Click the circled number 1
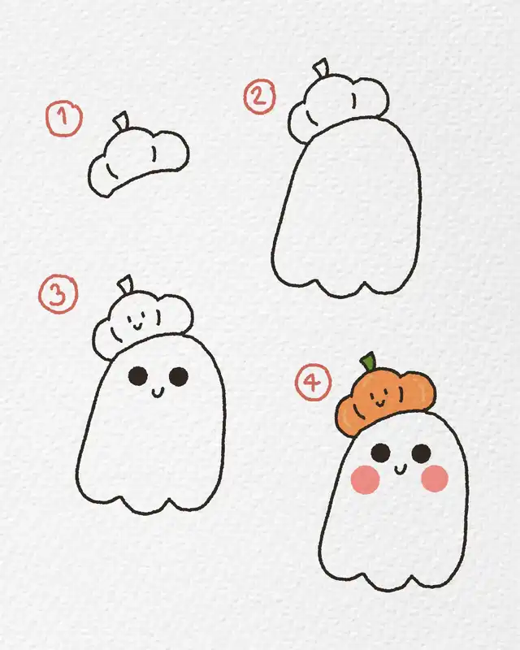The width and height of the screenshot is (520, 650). click(64, 118)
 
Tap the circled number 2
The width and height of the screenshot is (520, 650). click(259, 97)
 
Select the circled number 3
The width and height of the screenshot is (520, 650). click(58, 294)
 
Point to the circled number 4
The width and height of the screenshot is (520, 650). click(313, 382)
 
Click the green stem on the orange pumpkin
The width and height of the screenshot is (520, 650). click(368, 362)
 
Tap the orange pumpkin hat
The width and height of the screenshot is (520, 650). click(386, 403)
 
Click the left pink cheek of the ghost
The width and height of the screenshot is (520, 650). click(366, 479)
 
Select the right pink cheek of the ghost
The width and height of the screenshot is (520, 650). click(435, 479)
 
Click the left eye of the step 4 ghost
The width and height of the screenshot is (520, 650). click(381, 453)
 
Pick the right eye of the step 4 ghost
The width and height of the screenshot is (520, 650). click(422, 453)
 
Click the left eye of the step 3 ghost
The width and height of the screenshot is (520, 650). click(138, 376)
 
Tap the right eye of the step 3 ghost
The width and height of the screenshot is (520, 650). click(179, 376)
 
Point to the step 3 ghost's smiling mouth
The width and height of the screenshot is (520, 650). click(158, 392)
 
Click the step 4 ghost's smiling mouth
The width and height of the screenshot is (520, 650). click(401, 470)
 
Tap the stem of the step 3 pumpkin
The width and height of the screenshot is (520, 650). click(126, 284)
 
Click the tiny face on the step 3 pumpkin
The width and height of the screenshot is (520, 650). click(136, 323)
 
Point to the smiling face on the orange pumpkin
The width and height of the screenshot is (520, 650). click(378, 398)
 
